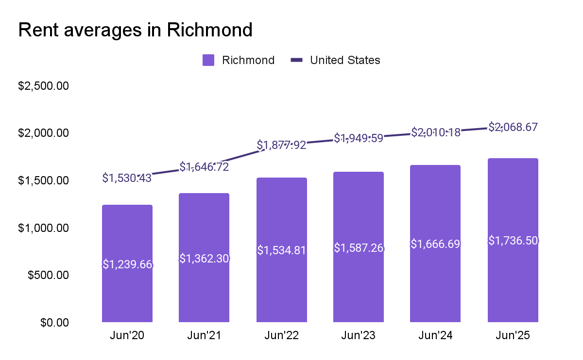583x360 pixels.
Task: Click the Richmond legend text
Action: click(248, 60)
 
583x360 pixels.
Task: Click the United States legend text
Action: click(345, 60)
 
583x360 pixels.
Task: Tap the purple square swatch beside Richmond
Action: click(208, 60)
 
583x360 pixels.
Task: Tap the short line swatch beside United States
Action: click(296, 60)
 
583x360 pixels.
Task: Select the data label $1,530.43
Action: click(127, 178)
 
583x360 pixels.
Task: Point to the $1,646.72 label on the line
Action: click(204, 167)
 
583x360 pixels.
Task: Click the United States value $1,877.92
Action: click(282, 145)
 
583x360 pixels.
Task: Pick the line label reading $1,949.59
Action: click(359, 138)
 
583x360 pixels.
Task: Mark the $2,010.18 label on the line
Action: click(435, 132)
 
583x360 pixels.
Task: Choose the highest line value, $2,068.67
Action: click(513, 127)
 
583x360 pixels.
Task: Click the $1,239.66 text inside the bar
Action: click(127, 264)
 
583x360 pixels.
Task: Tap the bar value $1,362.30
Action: click(204, 259)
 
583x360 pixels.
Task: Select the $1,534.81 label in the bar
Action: click(282, 250)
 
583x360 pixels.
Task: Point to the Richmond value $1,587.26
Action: click(359, 248)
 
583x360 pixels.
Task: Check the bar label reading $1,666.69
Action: click(435, 244)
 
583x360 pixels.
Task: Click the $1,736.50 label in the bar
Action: click(513, 241)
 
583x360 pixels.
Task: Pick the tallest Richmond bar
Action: click(513, 291)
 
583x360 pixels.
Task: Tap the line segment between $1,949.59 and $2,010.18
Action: click(397, 135)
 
